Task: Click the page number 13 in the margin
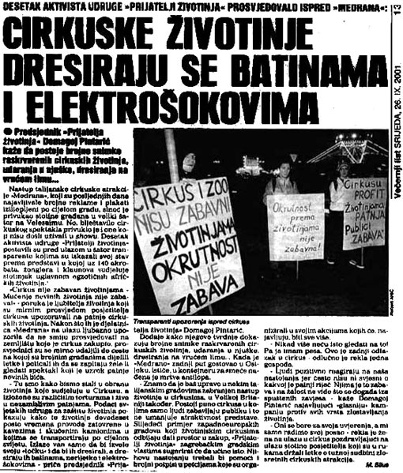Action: pyautogui.click(x=395, y=11)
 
